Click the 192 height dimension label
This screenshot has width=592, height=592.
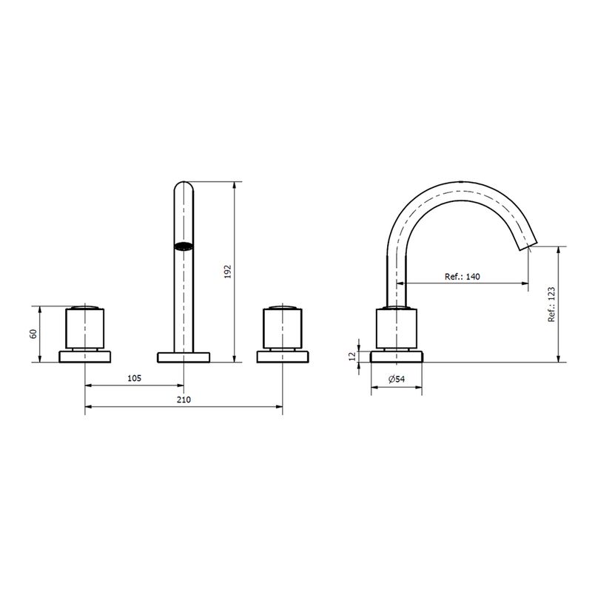click(x=227, y=272)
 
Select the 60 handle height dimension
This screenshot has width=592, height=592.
click(x=33, y=334)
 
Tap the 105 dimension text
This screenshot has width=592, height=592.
click(x=134, y=378)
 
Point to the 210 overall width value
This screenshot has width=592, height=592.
click(x=184, y=400)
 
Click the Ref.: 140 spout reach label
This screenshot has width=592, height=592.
click(x=462, y=276)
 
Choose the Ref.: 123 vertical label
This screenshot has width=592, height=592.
click(x=551, y=304)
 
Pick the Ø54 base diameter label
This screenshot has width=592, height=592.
click(x=397, y=379)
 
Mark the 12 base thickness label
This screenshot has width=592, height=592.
click(x=352, y=356)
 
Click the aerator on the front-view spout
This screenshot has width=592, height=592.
click(x=184, y=246)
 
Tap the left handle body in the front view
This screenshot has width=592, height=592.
click(x=84, y=328)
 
